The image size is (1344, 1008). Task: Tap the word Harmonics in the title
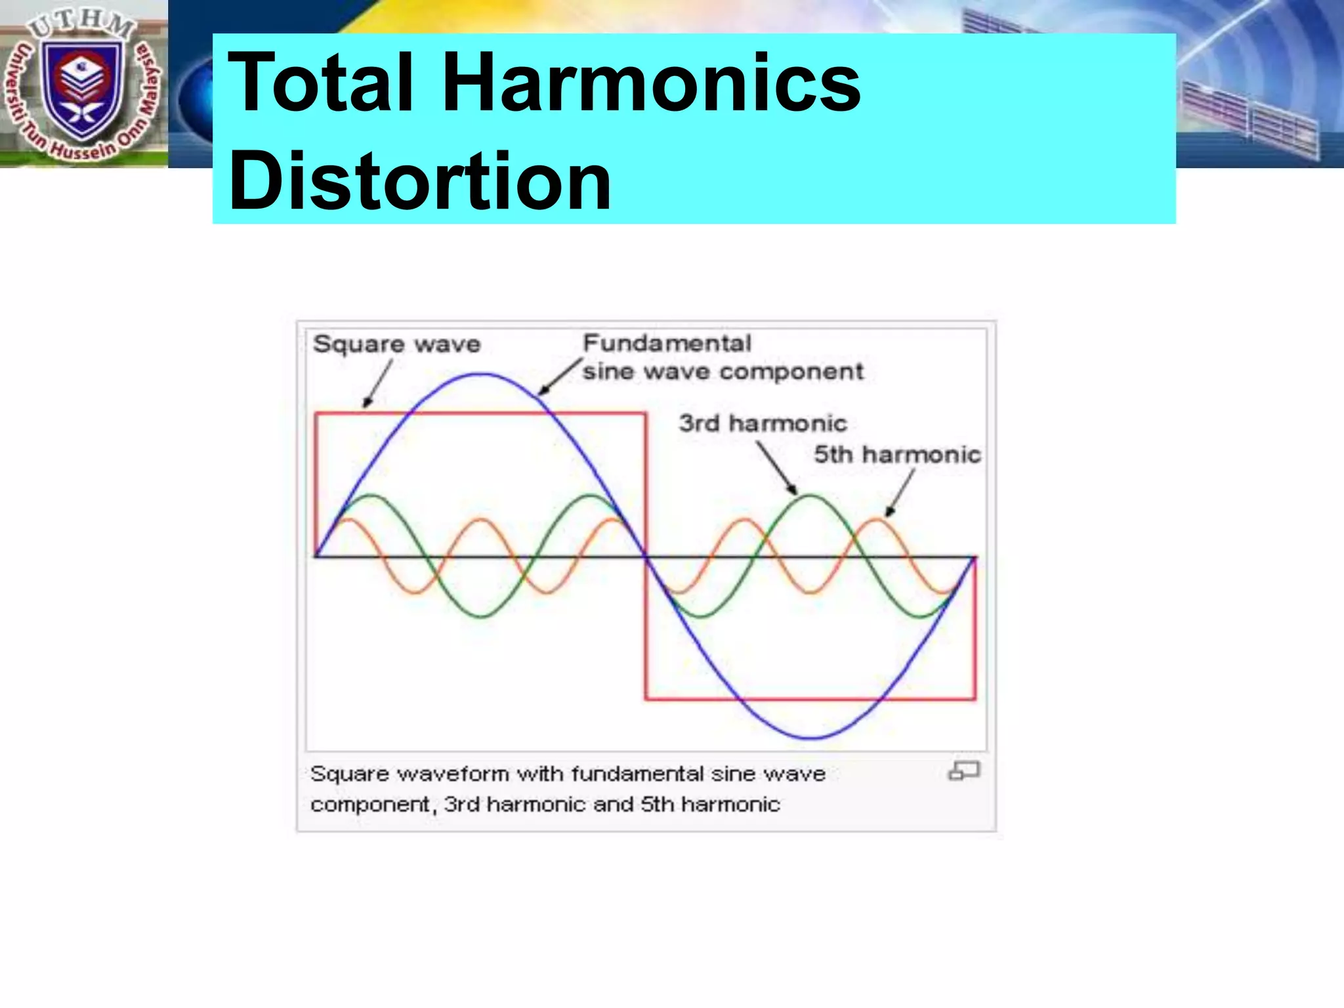[x=651, y=84]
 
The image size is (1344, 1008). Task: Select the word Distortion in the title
[x=420, y=181]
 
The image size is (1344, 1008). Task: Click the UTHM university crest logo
[x=83, y=84]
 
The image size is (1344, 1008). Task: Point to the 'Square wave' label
[x=396, y=344]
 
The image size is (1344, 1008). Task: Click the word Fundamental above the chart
[x=667, y=343]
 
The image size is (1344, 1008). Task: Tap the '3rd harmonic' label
[x=763, y=423]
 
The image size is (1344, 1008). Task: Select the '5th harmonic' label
[x=897, y=454]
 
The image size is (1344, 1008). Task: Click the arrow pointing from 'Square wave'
[x=378, y=384]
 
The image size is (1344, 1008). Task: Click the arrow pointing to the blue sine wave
[x=560, y=377]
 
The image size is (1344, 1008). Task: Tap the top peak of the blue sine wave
[x=481, y=375]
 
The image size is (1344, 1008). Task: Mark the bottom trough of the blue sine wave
[x=811, y=738]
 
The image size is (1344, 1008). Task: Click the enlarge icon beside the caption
[x=963, y=770]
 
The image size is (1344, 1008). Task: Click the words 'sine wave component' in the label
[x=723, y=372]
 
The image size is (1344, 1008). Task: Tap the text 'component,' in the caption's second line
[x=371, y=805]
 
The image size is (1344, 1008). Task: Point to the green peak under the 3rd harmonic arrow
[x=810, y=496]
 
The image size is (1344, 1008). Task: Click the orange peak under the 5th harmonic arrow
[x=876, y=520]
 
